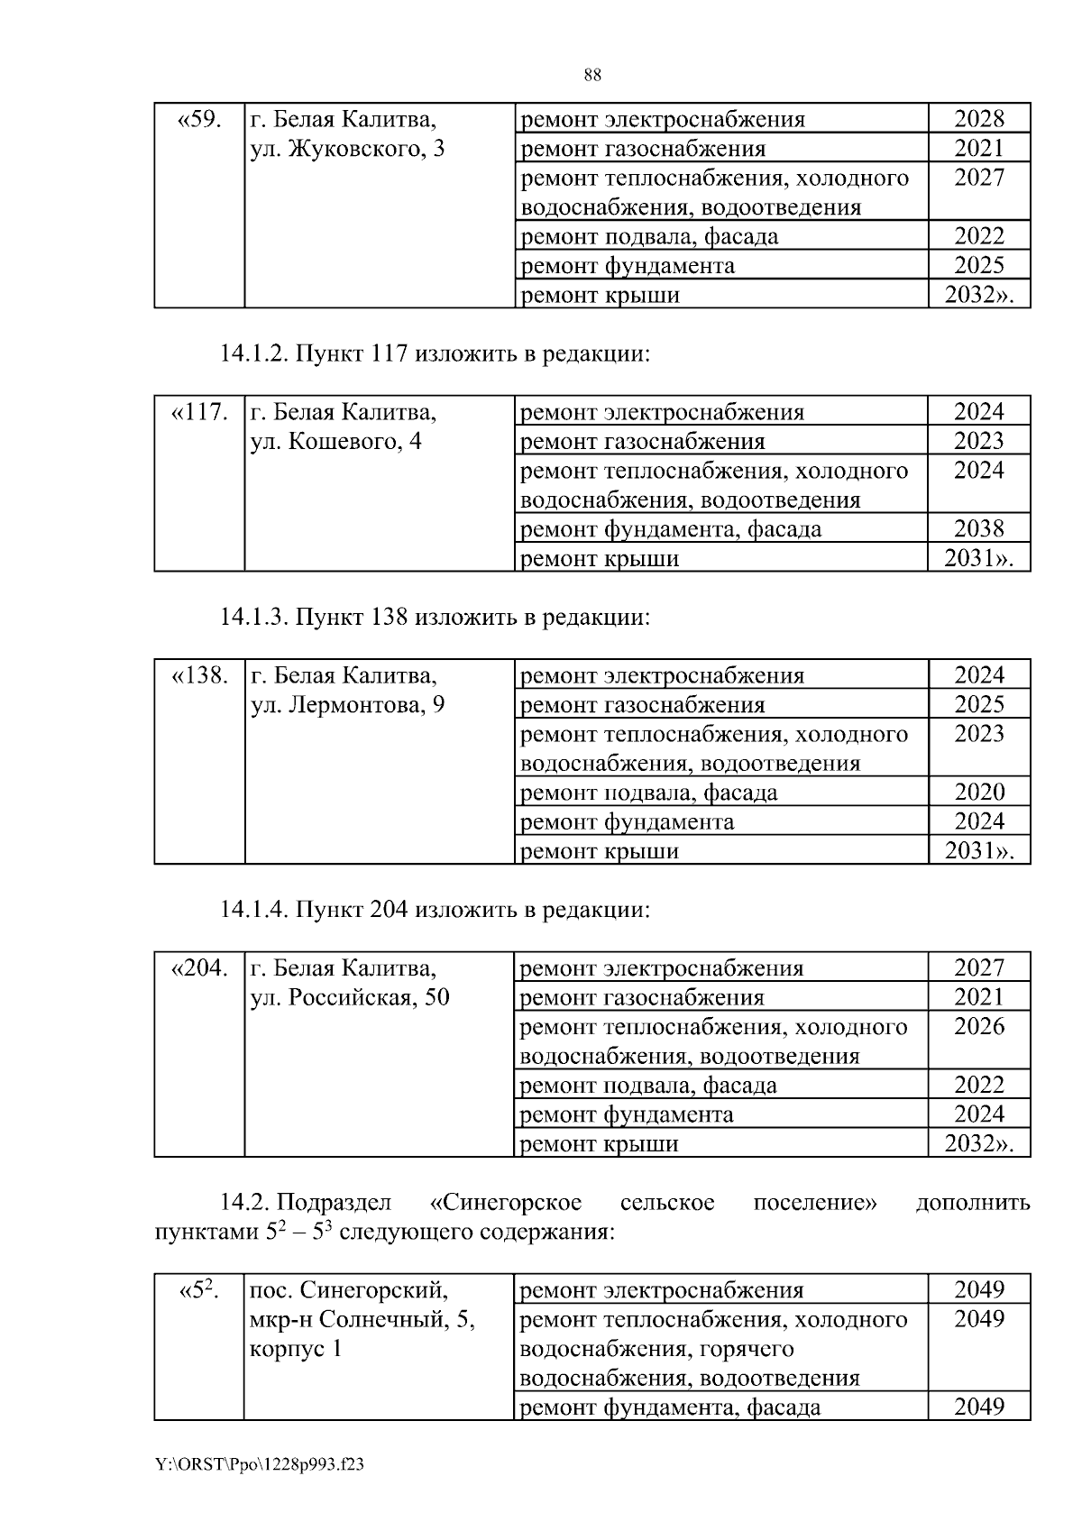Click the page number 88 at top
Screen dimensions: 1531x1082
[592, 75]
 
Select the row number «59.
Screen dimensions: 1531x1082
[199, 119]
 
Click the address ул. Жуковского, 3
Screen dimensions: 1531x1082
[346, 149]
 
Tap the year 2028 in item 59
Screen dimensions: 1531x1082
[978, 119]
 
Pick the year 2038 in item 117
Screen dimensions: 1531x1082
[978, 528]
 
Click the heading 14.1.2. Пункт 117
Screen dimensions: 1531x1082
[434, 353]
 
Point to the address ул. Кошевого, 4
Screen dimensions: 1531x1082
[335, 442]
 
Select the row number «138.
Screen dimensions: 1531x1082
[199, 675]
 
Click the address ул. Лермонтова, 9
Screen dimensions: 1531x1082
[346, 705]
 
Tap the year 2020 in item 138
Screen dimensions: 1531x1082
[978, 792]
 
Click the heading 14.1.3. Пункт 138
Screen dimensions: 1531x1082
[434, 617]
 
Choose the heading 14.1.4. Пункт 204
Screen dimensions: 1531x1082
[434, 910]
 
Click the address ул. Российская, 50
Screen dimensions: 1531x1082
[349, 998]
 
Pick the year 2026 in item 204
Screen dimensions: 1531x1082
[978, 1026]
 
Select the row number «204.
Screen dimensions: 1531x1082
[199, 968]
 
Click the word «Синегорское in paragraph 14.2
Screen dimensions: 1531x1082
[506, 1203]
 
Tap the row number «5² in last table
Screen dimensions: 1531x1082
[199, 1290]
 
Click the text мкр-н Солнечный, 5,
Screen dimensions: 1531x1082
[362, 1320]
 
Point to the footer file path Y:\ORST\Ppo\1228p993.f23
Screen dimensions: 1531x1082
[260, 1465]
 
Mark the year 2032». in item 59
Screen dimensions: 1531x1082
[978, 295]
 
